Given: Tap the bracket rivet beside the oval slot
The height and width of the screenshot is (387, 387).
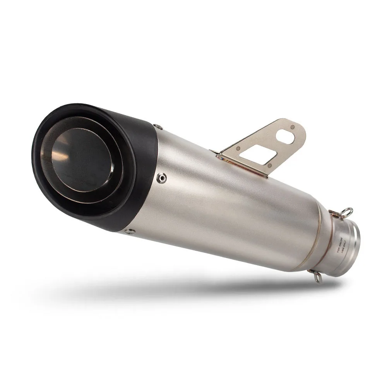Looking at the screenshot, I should point(293,126).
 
